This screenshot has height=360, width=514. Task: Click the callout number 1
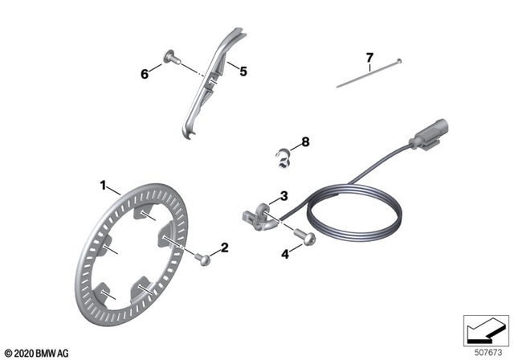[103, 186]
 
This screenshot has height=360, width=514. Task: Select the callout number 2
[225, 247]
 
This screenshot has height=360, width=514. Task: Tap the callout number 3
[283, 196]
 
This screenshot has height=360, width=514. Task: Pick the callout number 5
[243, 71]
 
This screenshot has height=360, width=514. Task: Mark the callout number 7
[369, 57]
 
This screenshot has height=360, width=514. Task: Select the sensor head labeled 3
[255, 215]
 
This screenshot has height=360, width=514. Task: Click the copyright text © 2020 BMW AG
[36, 352]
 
